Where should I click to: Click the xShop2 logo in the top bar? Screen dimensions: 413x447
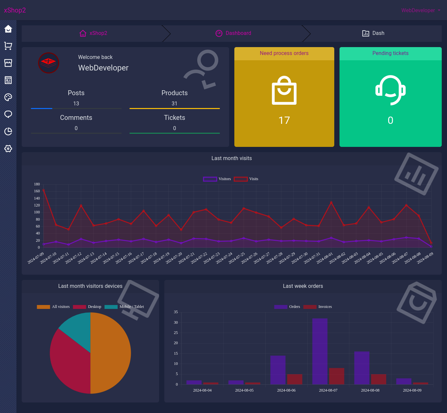point(15,10)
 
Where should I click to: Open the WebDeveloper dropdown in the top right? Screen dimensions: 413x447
point(420,11)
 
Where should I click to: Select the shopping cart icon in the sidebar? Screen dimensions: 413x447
point(8,46)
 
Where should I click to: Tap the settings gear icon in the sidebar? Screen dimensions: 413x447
point(8,149)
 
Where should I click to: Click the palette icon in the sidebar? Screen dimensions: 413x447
point(8,97)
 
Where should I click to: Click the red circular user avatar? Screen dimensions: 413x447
point(49,63)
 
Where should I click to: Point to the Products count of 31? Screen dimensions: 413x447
point(175,103)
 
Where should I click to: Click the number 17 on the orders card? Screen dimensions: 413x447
point(284,121)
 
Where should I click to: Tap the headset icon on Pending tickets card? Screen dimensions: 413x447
point(390,90)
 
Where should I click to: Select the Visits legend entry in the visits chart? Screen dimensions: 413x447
point(246,179)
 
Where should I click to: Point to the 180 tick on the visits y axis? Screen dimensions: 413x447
point(37,184)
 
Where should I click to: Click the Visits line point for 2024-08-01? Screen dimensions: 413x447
point(331,203)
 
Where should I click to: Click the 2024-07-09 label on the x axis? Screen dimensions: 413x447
point(36,258)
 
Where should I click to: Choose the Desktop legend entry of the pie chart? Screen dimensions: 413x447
point(87,307)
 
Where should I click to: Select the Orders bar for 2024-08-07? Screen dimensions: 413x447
point(320,351)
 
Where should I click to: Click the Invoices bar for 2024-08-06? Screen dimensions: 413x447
point(294,379)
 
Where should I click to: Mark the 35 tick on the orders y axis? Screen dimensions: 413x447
point(176,312)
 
